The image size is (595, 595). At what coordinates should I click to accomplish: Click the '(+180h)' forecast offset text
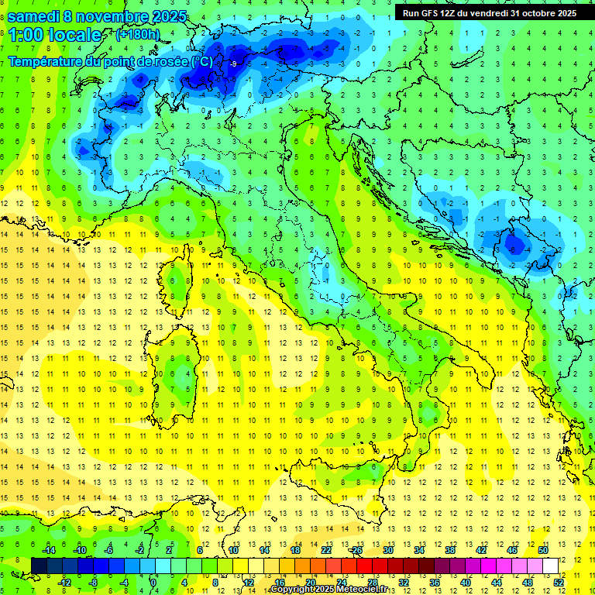tap(139, 34)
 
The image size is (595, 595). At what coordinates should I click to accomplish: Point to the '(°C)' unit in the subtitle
tap(201, 61)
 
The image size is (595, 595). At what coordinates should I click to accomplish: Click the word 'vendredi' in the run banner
tap(487, 13)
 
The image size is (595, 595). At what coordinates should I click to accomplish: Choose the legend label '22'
tap(325, 550)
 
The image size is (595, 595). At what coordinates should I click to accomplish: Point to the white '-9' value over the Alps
tap(233, 64)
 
